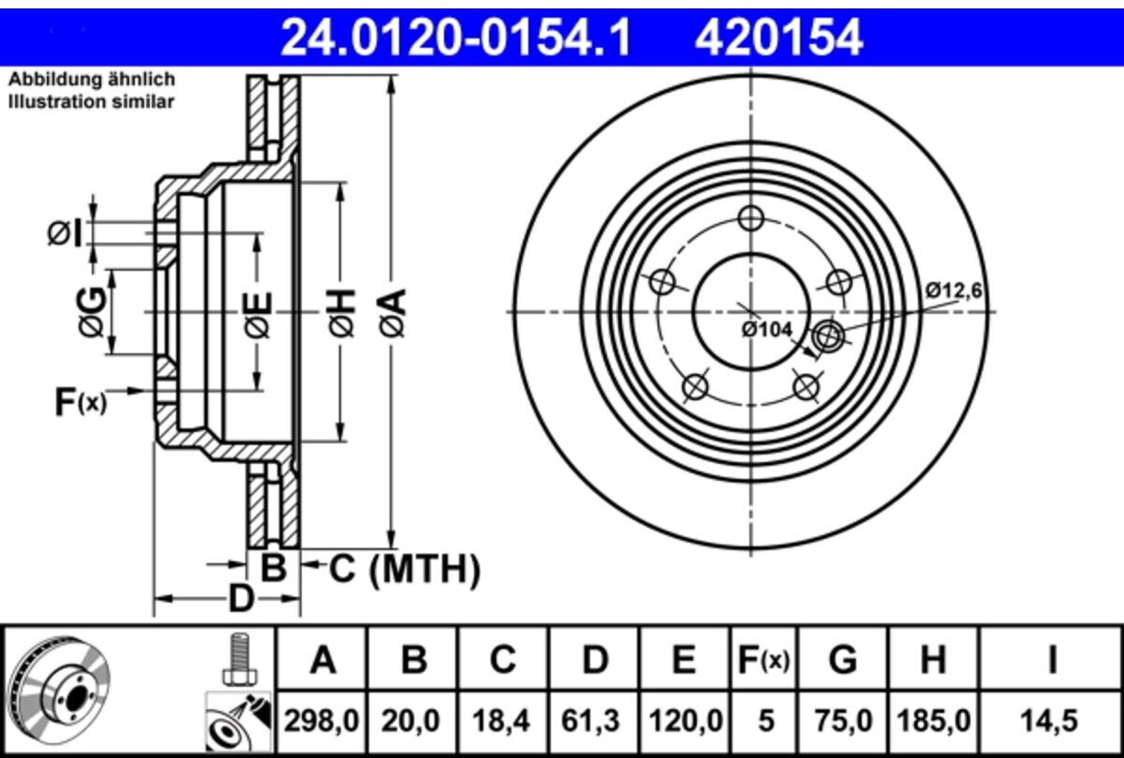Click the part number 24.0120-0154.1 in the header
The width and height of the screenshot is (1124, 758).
[455, 37]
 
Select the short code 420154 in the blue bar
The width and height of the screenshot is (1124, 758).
[778, 37]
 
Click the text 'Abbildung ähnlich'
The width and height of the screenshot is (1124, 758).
[93, 80]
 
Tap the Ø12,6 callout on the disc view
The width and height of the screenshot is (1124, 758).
[954, 290]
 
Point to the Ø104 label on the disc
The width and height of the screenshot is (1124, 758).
[767, 330]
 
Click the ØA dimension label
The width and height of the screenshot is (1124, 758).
[392, 312]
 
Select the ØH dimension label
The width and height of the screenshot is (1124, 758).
[342, 312]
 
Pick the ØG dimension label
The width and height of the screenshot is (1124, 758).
[92, 312]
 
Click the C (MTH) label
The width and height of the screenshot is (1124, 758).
[405, 569]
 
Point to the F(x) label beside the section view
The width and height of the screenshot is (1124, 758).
[81, 402]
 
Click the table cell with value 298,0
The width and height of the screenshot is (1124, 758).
[321, 721]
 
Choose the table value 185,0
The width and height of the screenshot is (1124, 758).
[933, 721]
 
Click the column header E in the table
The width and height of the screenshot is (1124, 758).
[684, 660]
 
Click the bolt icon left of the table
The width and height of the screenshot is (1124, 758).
[241, 660]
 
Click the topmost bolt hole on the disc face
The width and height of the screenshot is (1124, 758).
[751, 218]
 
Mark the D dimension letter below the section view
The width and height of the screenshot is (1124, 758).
[241, 599]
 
